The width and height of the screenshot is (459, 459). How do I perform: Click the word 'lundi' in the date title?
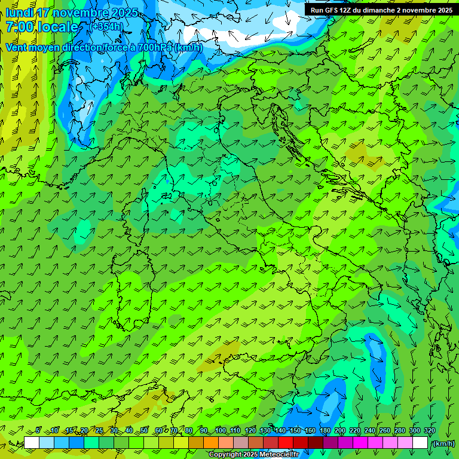coord(19,13)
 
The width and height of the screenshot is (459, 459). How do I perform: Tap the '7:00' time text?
coord(19,27)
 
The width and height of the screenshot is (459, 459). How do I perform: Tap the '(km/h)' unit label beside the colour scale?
coord(443,443)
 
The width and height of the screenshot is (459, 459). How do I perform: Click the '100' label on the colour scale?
coord(221,430)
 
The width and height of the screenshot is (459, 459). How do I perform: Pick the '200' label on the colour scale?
coord(340,430)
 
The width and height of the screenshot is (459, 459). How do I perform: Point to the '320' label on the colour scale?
coord(429,430)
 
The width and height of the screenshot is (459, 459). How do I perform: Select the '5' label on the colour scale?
coord(38,430)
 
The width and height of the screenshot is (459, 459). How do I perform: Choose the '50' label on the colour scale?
coord(144,430)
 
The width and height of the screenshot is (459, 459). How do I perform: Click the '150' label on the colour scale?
coord(295,430)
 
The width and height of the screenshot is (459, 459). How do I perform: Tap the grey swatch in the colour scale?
coord(240,443)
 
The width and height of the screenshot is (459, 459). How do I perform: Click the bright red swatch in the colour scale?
coord(285,443)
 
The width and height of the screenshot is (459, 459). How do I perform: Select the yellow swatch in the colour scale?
coord(180,443)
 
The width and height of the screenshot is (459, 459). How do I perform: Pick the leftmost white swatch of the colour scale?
coord(31,443)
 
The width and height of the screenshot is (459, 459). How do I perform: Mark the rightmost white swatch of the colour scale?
coord(420,443)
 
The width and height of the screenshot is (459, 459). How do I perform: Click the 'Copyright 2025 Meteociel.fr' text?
coord(253,455)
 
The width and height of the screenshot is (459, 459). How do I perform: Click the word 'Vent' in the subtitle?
coord(16,47)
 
